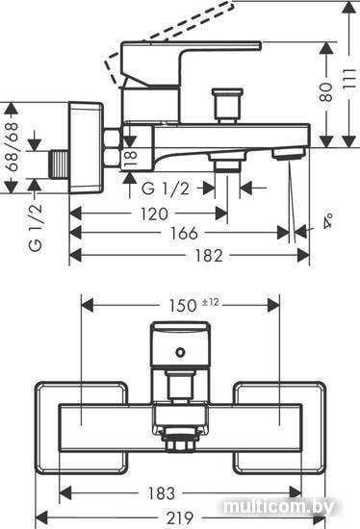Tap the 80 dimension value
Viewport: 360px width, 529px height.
coord(326,92)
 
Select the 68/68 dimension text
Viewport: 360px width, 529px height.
coord(12,147)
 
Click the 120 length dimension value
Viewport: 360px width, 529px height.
coord(154,214)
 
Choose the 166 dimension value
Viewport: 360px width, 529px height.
coord(184,233)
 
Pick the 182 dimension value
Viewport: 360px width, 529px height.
coord(209,256)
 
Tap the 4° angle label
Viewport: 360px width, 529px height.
coord(327,221)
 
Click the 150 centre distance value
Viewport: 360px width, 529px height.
coord(183,306)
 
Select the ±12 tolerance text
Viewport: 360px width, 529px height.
coord(211,302)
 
